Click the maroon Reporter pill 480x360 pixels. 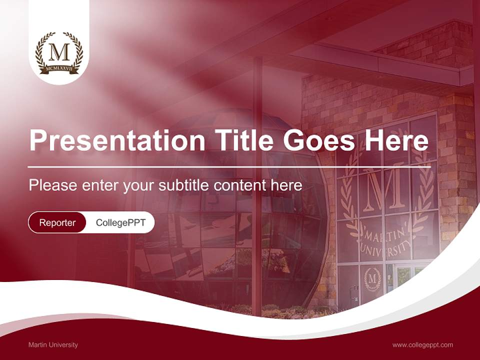coord(57,222)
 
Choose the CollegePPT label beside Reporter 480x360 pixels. coord(120,222)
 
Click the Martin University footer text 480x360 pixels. coord(53,345)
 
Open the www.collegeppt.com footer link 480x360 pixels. coord(422,345)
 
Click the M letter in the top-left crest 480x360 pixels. coord(59,52)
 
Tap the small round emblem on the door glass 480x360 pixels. coord(372,278)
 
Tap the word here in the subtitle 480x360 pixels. coord(286,185)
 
